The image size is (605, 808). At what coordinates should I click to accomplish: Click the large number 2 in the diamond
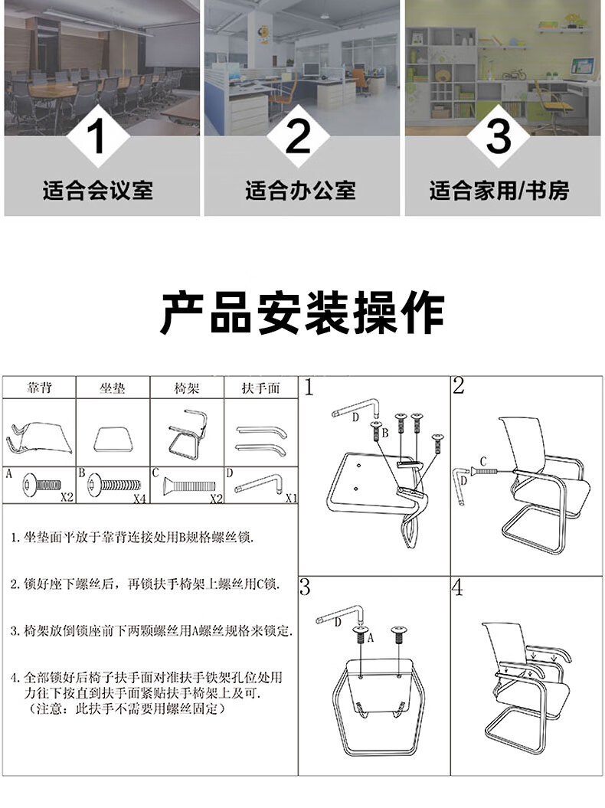(x=299, y=136)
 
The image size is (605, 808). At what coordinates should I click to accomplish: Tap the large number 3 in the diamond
(x=499, y=136)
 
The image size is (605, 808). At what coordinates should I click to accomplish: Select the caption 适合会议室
(x=98, y=190)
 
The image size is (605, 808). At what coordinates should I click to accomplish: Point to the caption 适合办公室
(x=300, y=190)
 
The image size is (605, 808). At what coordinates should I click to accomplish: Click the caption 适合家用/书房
(x=499, y=190)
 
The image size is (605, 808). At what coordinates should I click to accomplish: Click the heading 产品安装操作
(x=302, y=312)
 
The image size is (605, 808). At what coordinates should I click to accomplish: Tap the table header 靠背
(x=39, y=388)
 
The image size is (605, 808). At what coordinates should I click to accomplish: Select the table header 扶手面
(x=260, y=388)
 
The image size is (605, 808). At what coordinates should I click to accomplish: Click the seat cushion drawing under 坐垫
(x=113, y=440)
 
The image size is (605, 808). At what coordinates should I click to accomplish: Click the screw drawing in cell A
(x=41, y=485)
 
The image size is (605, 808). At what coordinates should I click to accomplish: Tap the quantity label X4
(x=139, y=499)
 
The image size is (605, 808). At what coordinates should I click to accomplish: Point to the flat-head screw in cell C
(x=189, y=486)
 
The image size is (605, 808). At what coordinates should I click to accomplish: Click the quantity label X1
(x=291, y=498)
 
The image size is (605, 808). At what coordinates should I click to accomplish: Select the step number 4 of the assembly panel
(x=458, y=588)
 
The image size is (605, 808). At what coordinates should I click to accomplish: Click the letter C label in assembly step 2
(x=483, y=461)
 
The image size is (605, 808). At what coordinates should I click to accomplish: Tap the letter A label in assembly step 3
(x=370, y=639)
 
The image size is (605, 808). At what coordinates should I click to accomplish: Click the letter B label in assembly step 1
(x=384, y=433)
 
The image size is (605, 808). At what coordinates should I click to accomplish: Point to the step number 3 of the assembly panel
(x=305, y=587)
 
